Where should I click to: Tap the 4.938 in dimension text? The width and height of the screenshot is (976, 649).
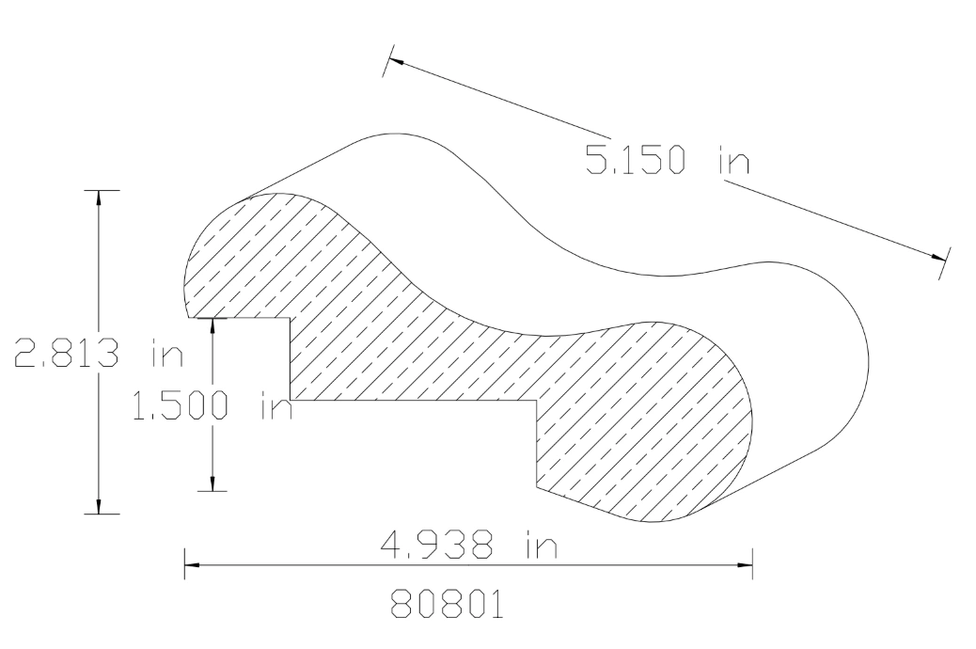(467, 546)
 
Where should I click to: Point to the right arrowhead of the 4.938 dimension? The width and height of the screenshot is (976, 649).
(746, 565)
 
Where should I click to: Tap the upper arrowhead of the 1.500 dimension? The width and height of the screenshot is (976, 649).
(214, 324)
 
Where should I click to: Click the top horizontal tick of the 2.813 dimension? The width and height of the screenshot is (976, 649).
(101, 191)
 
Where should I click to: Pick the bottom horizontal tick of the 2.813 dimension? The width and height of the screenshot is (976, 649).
(101, 514)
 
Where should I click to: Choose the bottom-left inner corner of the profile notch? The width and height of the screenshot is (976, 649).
(290, 401)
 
